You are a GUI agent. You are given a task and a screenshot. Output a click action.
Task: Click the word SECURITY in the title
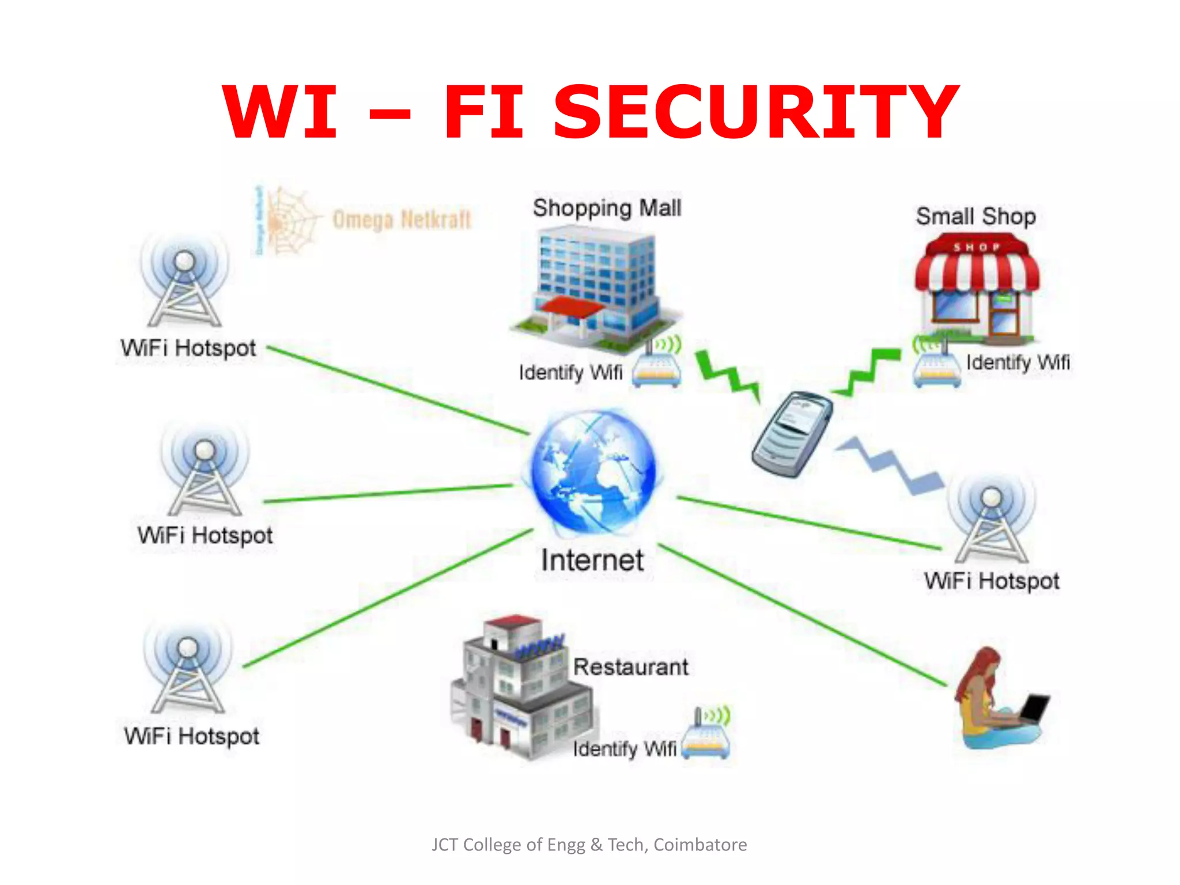click(755, 112)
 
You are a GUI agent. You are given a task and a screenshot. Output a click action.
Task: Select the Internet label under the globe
click(592, 560)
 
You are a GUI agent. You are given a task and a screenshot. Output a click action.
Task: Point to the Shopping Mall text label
click(607, 208)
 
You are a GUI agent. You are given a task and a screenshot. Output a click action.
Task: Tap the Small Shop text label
click(975, 217)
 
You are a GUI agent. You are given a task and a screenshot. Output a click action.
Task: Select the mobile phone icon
click(792, 433)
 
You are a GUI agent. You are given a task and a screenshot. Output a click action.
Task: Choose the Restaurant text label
click(630, 667)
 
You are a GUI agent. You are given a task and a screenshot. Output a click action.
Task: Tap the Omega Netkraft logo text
click(402, 220)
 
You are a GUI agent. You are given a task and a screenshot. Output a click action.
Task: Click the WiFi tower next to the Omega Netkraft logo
click(184, 282)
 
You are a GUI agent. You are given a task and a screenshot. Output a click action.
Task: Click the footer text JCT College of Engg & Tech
click(589, 845)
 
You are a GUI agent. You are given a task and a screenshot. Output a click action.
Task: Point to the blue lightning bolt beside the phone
click(890, 464)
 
